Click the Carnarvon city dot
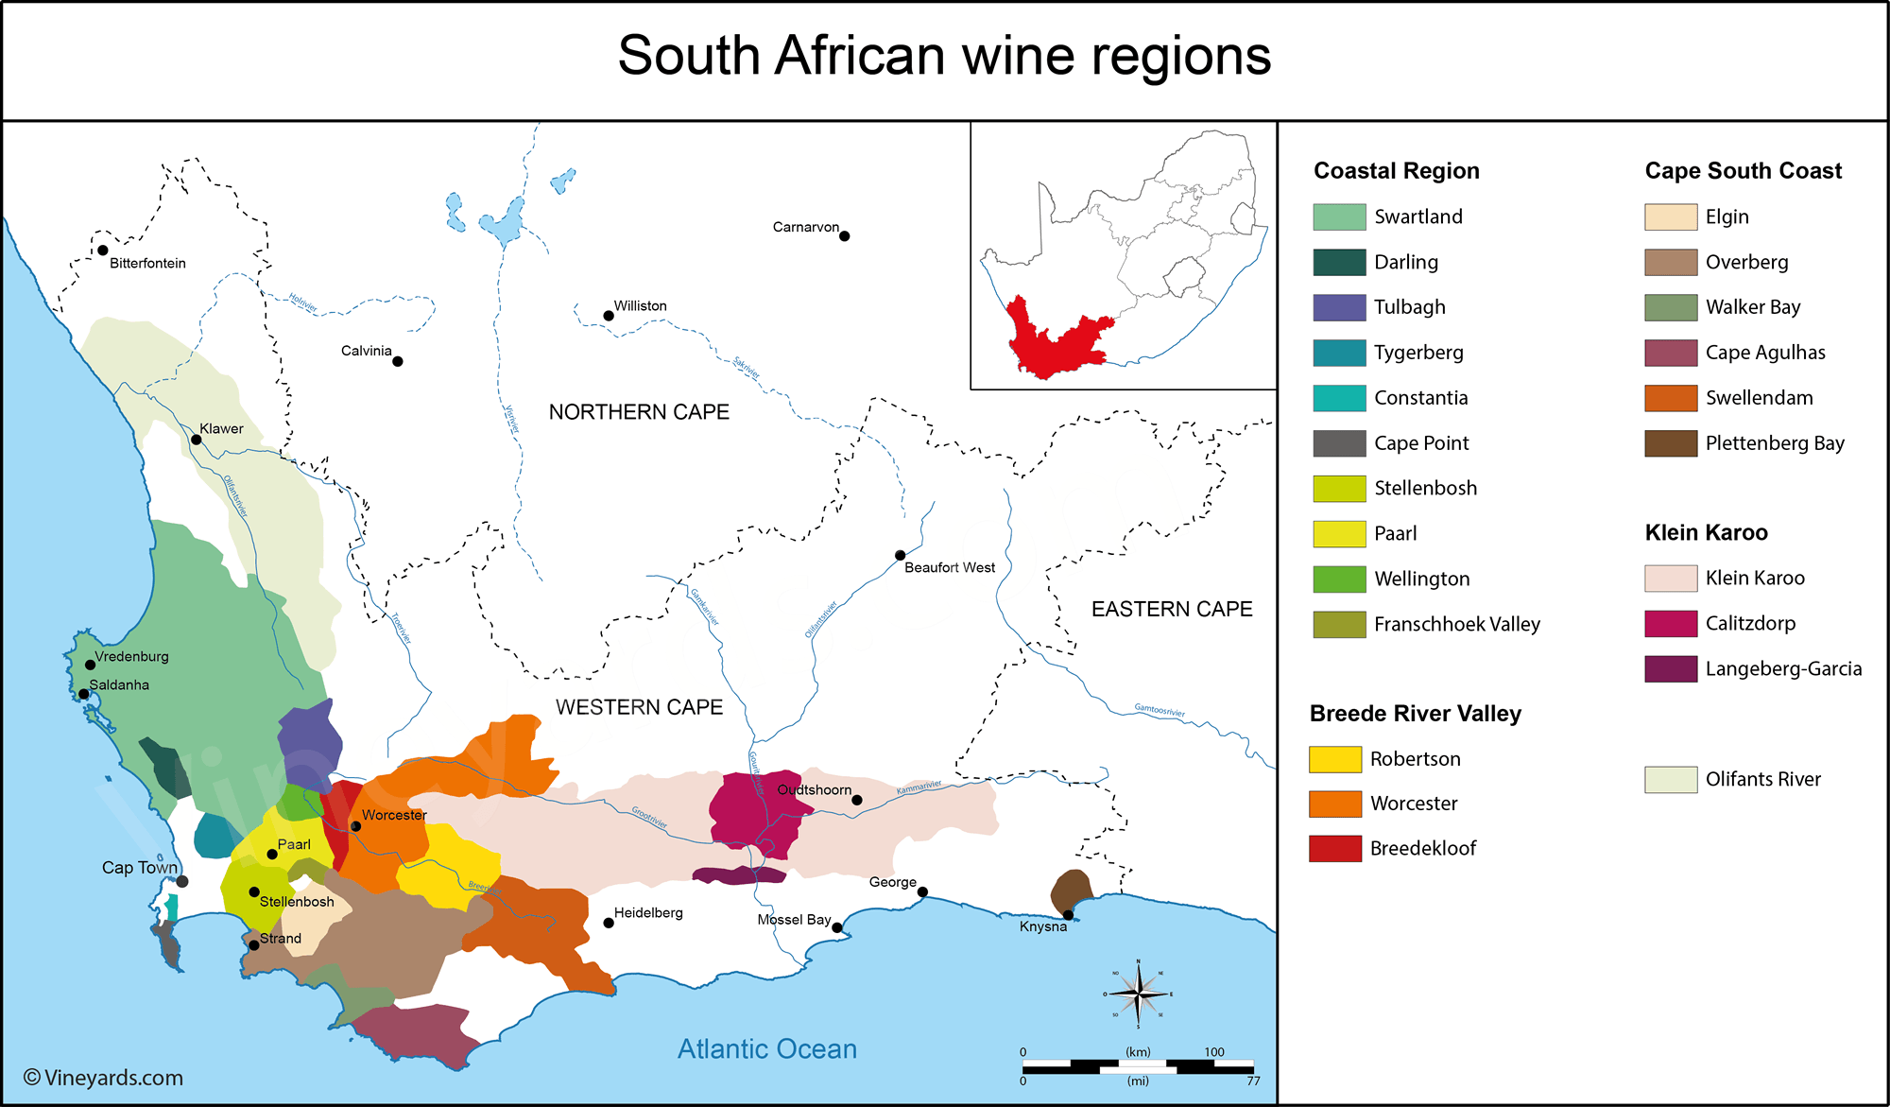tap(844, 236)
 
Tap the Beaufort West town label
tap(949, 567)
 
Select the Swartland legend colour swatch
tap(1339, 216)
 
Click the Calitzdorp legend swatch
tap(1670, 623)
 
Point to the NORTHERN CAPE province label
tap(639, 412)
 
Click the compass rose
tap(1139, 994)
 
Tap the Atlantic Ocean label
tap(766, 1049)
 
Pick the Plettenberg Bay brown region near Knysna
tap(1071, 891)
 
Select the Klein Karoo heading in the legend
tap(1706, 532)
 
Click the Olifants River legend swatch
tap(1670, 779)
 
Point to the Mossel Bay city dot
tap(837, 927)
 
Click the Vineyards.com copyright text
tap(103, 1078)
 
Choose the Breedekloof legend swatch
tap(1334, 848)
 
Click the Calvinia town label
tap(366, 351)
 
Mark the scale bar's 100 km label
tap(1213, 1052)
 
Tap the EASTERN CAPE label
tap(1171, 609)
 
